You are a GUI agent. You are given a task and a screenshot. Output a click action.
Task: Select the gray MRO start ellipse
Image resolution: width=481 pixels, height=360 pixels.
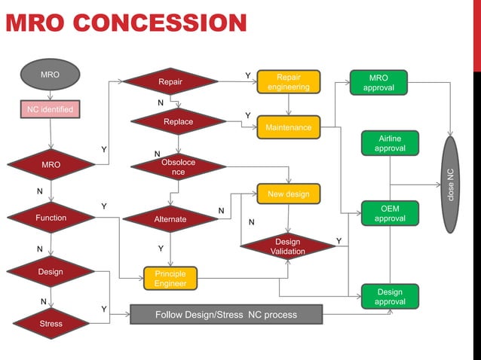click(51, 75)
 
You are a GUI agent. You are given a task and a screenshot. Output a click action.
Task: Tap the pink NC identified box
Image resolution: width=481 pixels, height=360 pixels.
click(51, 110)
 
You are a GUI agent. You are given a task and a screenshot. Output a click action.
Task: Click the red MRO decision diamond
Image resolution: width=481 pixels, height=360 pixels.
click(51, 164)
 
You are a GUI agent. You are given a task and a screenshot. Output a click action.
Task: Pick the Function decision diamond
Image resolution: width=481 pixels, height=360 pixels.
click(51, 218)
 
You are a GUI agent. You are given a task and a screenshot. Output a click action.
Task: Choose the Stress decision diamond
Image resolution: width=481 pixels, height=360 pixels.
click(51, 324)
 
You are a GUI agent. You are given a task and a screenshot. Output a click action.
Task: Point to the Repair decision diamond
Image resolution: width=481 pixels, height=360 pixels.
click(170, 81)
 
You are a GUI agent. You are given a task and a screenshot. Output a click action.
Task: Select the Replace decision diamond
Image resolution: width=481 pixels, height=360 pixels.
click(178, 121)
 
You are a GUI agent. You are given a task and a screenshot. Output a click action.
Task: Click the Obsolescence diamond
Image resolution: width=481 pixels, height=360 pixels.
click(178, 167)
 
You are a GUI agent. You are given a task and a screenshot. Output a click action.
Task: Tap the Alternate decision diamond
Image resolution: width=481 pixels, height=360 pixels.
click(170, 219)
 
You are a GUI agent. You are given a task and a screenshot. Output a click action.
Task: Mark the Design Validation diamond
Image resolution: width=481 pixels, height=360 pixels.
click(287, 246)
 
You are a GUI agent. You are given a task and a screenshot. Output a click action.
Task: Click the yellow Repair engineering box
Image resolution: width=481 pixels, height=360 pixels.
click(288, 82)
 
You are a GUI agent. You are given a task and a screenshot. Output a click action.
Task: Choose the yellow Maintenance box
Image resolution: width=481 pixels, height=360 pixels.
click(288, 127)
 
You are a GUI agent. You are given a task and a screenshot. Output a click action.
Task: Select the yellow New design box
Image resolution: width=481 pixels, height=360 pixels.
click(288, 194)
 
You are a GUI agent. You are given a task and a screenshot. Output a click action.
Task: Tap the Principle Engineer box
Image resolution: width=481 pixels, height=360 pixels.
click(170, 278)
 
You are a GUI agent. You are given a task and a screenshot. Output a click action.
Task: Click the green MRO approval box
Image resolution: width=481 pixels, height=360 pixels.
click(378, 83)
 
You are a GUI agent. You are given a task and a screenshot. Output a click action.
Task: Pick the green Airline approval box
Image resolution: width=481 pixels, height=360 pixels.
click(390, 143)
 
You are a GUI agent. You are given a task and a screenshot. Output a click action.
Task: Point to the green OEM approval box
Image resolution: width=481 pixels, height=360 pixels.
click(390, 213)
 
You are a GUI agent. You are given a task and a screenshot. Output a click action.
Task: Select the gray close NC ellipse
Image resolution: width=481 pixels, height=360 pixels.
click(450, 184)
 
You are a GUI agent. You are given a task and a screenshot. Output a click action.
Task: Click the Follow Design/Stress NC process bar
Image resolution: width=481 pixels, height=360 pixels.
click(226, 314)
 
